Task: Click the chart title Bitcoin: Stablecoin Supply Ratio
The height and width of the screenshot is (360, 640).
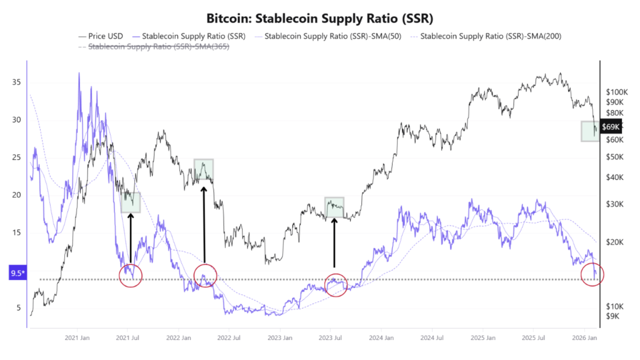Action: pyautogui.click(x=320, y=17)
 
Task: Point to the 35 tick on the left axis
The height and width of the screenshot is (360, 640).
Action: pyautogui.click(x=17, y=82)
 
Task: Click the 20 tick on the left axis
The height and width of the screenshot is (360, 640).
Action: pyautogui.click(x=17, y=195)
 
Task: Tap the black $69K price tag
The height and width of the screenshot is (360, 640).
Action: pyautogui.click(x=610, y=127)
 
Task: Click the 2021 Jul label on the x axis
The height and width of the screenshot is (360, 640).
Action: pyautogui.click(x=127, y=338)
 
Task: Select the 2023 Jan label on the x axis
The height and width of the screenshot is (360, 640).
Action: pyautogui.click(x=279, y=338)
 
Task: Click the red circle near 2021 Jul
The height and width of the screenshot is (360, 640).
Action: pyautogui.click(x=131, y=275)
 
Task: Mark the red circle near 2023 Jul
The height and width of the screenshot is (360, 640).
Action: pyautogui.click(x=336, y=285)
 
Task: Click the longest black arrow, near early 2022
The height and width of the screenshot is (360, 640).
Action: pyautogui.click(x=204, y=222)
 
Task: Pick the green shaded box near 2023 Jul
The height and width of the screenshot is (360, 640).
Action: pyautogui.click(x=334, y=207)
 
